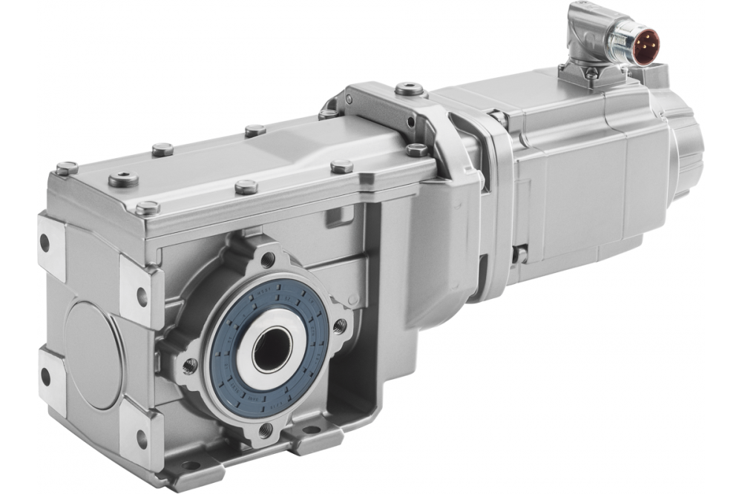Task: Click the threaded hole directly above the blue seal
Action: (268, 260)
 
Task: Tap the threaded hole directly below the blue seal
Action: (265, 431)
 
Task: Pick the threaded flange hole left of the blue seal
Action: (190, 364)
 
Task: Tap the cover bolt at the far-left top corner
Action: (66, 168)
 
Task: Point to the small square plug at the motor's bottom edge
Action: (520, 254)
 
